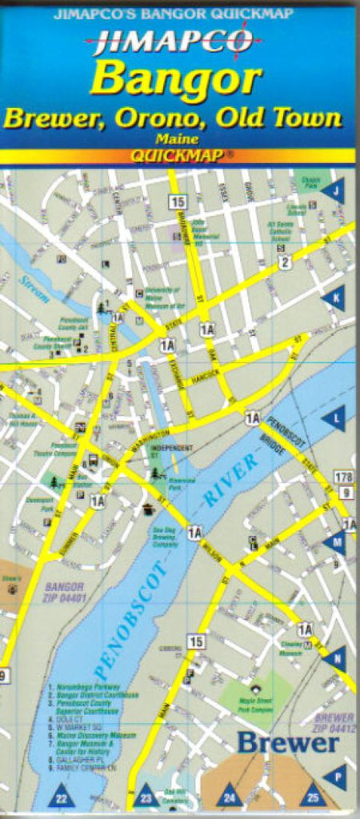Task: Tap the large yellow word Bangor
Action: pos(176,80)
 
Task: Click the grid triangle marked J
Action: pos(334,191)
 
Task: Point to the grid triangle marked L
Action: pos(334,417)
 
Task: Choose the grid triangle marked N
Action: pos(334,659)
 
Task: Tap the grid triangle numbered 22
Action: pos(62,795)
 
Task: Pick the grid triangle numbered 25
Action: pos(313,795)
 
